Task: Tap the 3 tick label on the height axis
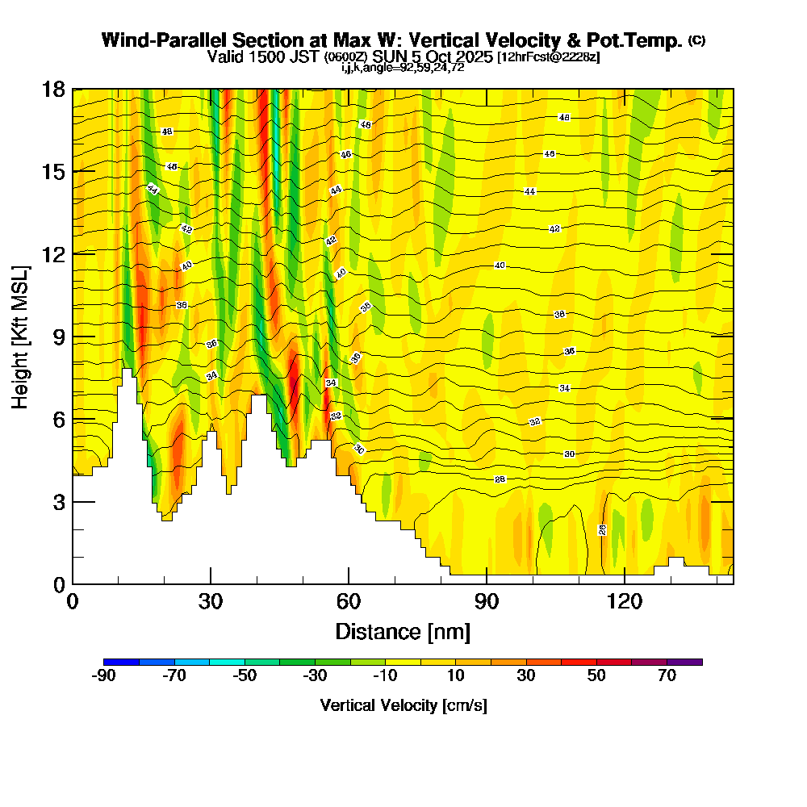tap(58, 502)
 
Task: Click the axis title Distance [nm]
tap(403, 630)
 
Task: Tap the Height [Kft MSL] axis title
tap(20, 336)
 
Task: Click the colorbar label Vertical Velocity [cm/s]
tap(403, 705)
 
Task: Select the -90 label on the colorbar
tap(104, 676)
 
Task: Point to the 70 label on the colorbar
tap(667, 676)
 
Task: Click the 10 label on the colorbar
tap(456, 676)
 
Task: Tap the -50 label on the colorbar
tap(245, 676)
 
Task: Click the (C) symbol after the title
tap(696, 40)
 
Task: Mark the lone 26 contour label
tap(602, 529)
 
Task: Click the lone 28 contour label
tap(500, 479)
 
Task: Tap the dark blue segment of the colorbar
tap(121, 662)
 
